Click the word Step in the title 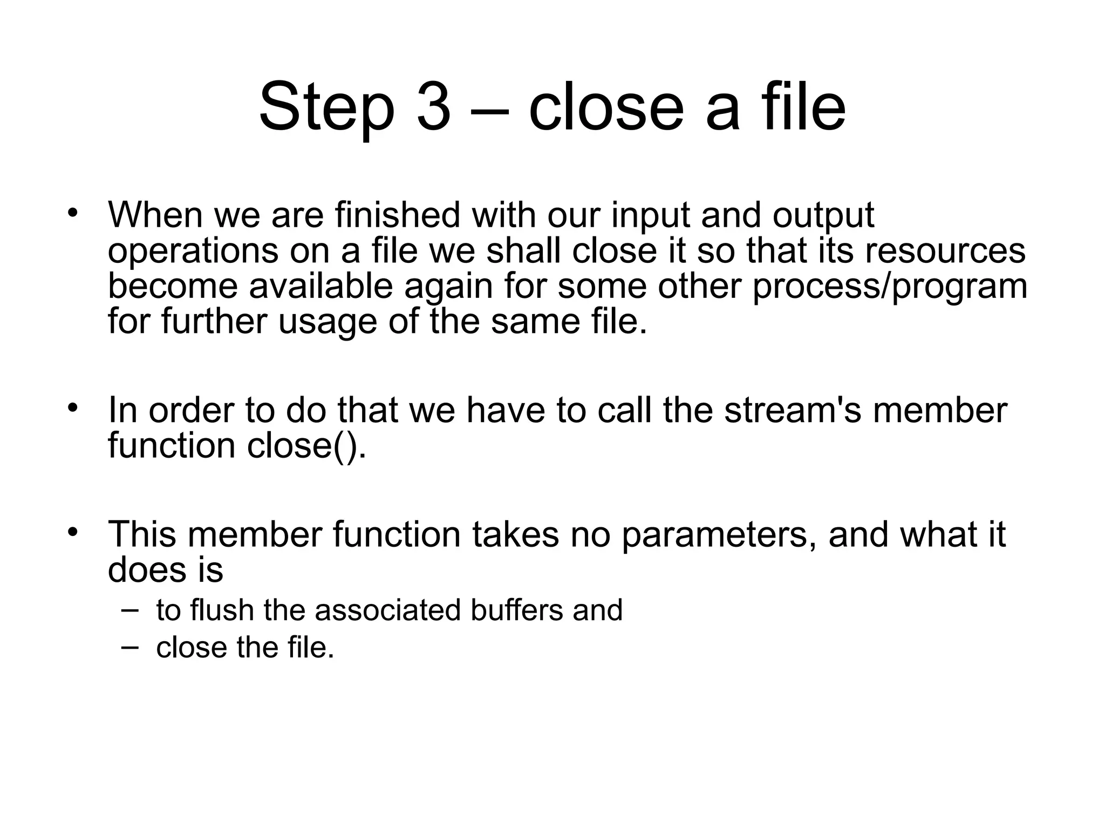pos(327,106)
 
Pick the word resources pos(945,252)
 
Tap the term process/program pos(890,287)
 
